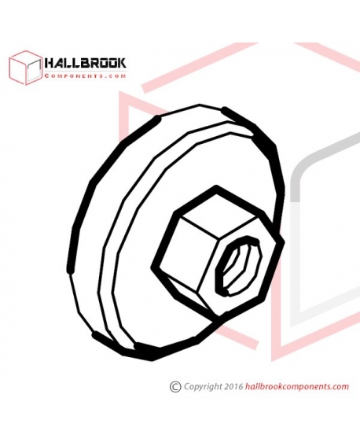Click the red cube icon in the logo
click(26, 68)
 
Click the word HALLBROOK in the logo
click(85, 63)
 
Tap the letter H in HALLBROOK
click(50, 63)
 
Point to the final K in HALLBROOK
click(122, 63)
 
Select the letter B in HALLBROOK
click(85, 63)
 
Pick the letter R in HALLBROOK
click(94, 63)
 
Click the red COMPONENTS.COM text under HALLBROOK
click(85, 76)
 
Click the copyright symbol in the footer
click(175, 387)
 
